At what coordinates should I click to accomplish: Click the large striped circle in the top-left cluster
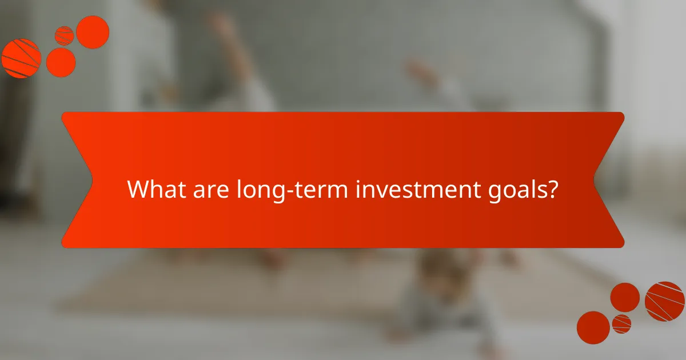[21, 58]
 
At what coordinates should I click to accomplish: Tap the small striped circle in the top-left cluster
[64, 35]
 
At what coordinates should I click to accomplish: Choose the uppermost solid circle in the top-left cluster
[93, 32]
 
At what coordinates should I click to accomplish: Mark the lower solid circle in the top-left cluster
[61, 62]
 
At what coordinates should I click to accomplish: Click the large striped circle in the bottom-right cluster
[665, 301]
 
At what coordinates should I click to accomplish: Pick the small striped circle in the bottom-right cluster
[621, 323]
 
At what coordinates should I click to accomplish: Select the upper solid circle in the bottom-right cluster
[625, 297]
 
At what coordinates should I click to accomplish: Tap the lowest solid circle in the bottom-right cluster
[593, 327]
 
